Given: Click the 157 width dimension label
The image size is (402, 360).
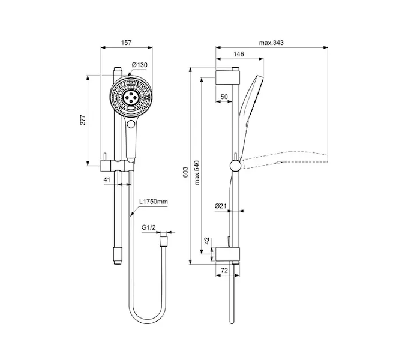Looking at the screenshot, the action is click(126, 43).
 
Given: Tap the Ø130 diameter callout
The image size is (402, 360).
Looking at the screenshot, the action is click(140, 65).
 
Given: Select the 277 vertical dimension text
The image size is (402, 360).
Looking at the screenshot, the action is click(83, 120).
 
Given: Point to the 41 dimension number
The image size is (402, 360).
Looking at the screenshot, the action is click(107, 179).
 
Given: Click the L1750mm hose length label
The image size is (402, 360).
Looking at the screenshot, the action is click(154, 202).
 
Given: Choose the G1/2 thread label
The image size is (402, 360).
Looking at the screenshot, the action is click(149, 227).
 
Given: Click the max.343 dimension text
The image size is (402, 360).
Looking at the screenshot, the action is click(271, 43).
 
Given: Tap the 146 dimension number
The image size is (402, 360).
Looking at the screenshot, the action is click(239, 54).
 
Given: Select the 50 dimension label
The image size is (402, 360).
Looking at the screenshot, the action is click(224, 97).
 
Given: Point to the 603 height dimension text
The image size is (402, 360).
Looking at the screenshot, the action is click(185, 172).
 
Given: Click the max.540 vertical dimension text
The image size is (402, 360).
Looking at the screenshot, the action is click(197, 173).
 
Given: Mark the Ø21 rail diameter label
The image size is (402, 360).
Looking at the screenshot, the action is click(220, 206).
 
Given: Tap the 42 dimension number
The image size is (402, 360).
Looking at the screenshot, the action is click(206, 241).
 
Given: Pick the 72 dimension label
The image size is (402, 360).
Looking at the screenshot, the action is click(224, 270).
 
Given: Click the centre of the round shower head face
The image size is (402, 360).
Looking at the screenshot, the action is click(131, 97).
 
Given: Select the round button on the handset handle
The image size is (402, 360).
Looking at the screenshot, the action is click(131, 124).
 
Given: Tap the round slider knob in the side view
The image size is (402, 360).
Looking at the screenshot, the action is click(235, 166).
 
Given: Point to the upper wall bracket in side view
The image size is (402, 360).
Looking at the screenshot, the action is click(227, 77).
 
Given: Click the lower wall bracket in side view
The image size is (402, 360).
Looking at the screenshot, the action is click(227, 254).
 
